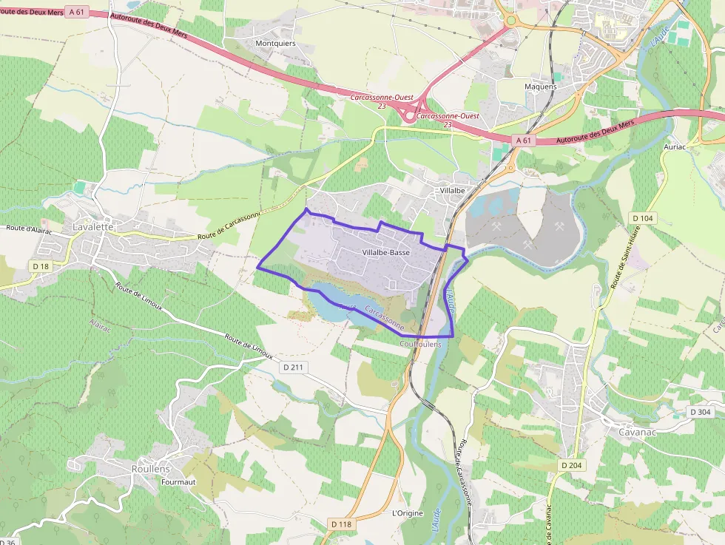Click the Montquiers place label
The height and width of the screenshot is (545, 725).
point(275,44)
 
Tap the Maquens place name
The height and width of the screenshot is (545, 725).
point(540,87)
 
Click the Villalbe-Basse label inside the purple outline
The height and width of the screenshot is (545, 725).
point(386,253)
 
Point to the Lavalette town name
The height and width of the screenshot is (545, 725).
point(93,227)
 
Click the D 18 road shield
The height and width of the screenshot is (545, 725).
point(40,265)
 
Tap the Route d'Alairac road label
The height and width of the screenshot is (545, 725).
point(27,229)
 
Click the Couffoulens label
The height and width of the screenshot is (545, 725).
point(419,344)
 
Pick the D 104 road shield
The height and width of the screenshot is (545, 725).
point(643,217)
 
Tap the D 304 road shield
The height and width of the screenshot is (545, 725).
point(699,412)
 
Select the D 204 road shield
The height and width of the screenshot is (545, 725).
point(571,465)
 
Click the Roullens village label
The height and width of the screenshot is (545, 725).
point(150,469)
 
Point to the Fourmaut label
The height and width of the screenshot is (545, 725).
point(178,482)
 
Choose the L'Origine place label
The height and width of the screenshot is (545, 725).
point(406,512)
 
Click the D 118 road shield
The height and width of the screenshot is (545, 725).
point(341,524)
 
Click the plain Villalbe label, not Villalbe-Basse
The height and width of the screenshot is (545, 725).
point(452,190)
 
